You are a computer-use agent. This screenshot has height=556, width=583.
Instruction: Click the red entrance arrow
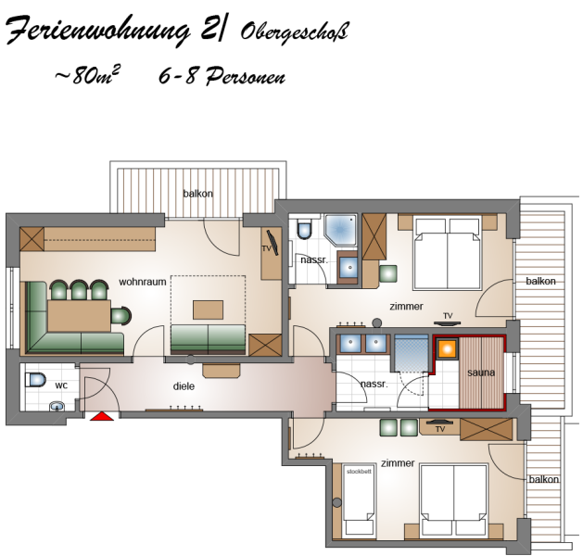pos(102,416)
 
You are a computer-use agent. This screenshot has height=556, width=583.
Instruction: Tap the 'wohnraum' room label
pos(143,282)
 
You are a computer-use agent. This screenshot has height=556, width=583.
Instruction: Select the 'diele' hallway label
pos(184,386)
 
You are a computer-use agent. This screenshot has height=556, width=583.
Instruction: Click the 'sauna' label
pos(481,373)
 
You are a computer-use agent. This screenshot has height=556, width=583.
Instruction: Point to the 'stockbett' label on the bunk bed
pos(359,472)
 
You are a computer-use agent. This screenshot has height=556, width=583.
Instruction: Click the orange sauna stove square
pos(448,348)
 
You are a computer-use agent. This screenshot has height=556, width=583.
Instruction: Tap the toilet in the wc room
pos(35,380)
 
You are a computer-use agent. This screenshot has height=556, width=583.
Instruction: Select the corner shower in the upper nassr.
pos(340,229)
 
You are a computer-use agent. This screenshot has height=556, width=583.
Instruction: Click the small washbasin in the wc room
pos(57,406)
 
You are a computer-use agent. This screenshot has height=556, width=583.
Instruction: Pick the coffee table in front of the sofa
pos(208,310)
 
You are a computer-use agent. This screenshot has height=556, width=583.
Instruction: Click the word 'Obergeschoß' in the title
pos(294,32)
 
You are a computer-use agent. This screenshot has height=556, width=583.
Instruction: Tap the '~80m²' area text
pos(87,76)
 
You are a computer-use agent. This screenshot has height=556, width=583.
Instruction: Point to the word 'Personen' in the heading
pos(246,76)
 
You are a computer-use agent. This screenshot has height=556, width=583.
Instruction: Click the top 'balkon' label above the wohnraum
pos(197,194)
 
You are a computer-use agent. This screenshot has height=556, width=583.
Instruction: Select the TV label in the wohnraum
pos(266,248)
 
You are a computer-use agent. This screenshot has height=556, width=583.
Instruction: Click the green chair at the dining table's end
pos(120,316)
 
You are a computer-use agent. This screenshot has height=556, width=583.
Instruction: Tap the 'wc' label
pos(61,385)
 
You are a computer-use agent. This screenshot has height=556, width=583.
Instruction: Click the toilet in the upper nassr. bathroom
pos(305,229)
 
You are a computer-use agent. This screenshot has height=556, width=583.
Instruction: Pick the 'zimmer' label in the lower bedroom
pos(398,463)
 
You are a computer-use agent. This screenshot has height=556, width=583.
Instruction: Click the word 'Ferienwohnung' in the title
pos(98,32)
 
